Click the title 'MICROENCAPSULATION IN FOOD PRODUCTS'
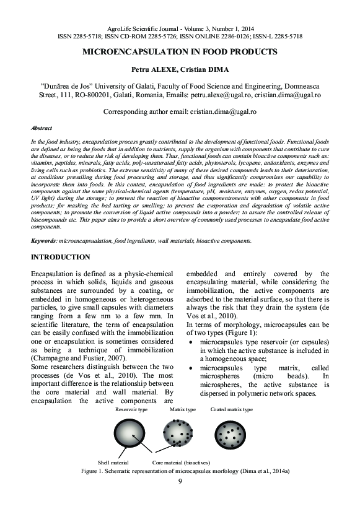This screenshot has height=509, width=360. point(180,53)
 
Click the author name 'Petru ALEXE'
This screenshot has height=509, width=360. point(152,69)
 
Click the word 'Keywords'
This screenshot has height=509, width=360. point(45,240)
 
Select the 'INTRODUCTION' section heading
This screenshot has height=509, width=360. point(60,257)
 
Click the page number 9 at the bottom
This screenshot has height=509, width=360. point(180,481)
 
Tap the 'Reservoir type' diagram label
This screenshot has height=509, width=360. point(131,409)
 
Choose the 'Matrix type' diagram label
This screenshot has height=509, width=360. point(182,409)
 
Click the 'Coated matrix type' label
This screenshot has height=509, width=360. point(231,409)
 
